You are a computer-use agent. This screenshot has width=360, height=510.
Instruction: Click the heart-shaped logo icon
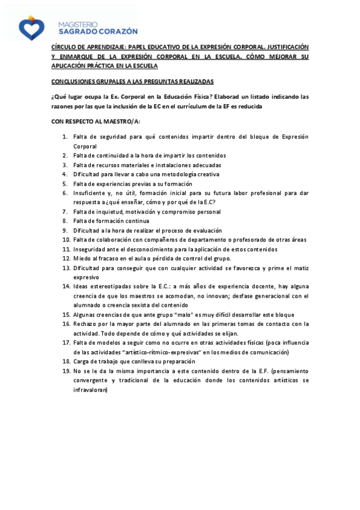(x=31, y=26)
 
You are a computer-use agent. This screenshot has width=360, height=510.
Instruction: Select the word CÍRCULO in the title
(x=63, y=46)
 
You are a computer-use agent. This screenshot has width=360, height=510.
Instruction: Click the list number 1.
(x=66, y=137)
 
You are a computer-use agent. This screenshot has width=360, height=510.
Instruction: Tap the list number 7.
(x=66, y=212)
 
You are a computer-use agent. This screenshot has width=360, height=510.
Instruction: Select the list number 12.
(x=67, y=258)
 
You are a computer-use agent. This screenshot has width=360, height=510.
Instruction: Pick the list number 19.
(x=67, y=371)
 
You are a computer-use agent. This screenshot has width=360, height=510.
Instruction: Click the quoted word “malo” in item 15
(x=187, y=315)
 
